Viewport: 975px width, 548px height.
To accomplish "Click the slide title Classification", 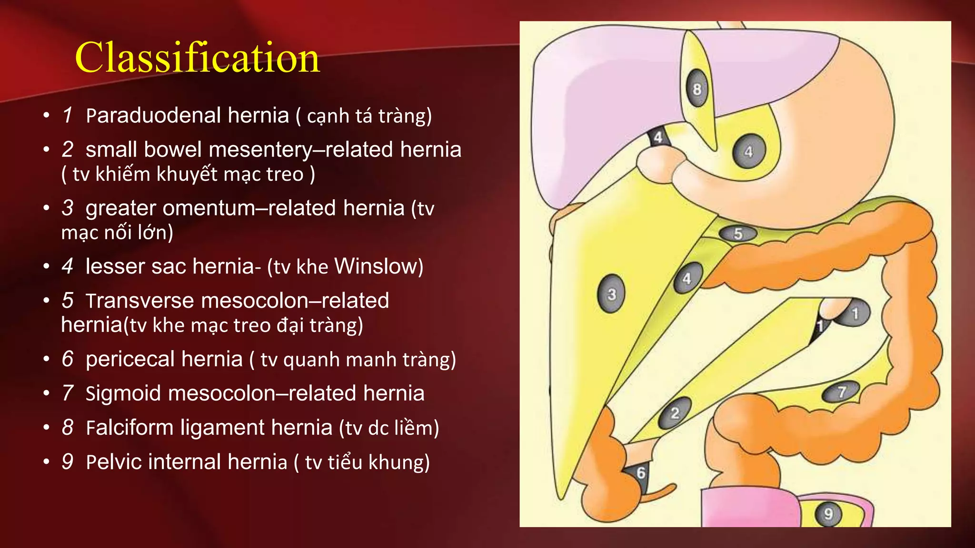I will tap(197, 58).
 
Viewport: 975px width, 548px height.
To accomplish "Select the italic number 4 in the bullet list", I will tap(67, 266).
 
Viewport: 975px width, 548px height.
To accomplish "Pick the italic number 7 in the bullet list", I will tap(67, 393).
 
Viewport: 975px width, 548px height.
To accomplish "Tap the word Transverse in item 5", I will tap(140, 301).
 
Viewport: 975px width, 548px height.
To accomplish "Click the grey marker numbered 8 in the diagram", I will tap(697, 89).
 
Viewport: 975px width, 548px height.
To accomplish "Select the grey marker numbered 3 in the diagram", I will tap(611, 294).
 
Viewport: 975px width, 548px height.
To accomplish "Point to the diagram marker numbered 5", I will tap(738, 234).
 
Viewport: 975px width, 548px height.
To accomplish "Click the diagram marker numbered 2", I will tap(675, 412).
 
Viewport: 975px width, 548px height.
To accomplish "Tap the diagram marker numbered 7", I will tap(842, 392).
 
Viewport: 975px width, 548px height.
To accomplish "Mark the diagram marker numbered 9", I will tap(828, 514).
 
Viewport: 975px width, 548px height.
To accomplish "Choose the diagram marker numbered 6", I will tap(641, 473).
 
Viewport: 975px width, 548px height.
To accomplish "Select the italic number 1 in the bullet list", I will tap(67, 116).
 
